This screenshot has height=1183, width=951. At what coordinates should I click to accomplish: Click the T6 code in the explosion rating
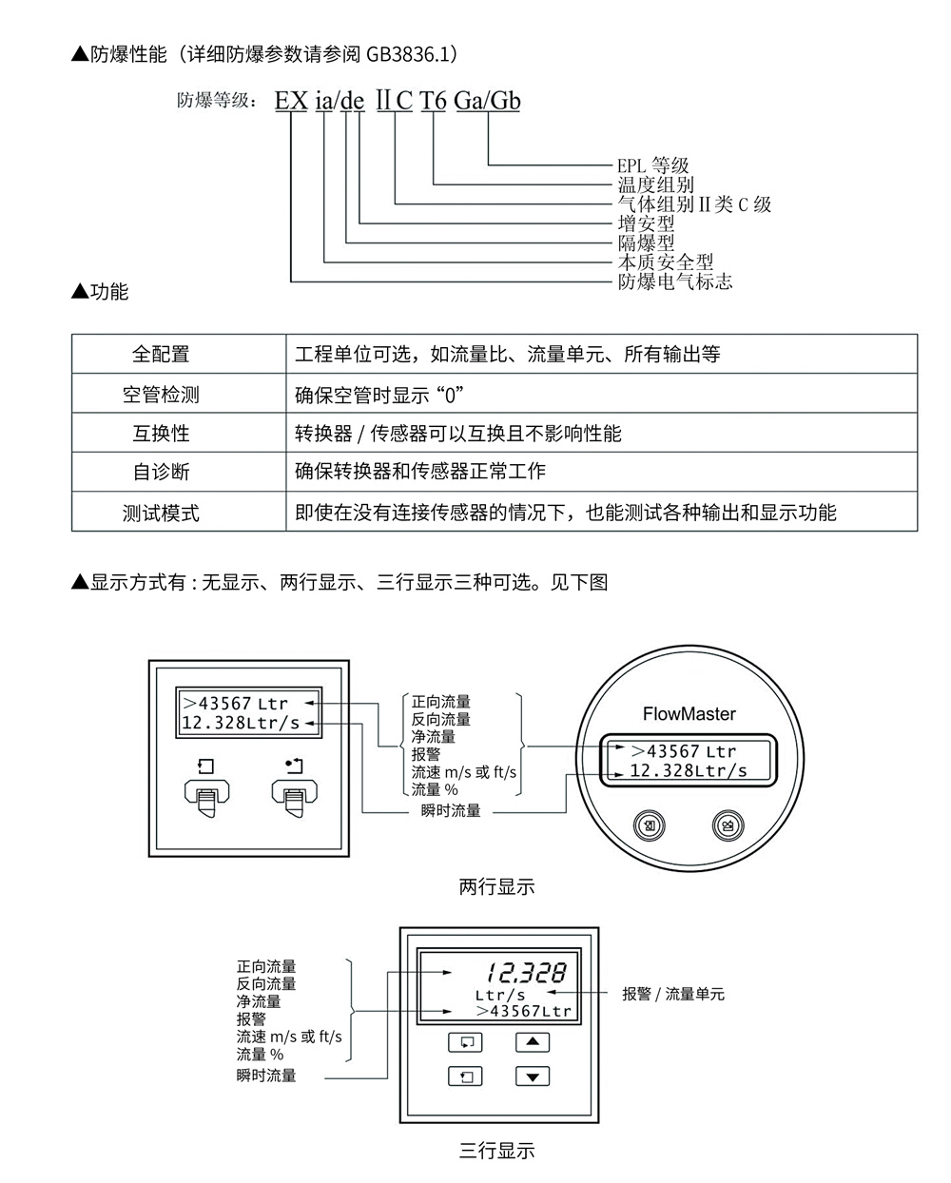[x=433, y=101]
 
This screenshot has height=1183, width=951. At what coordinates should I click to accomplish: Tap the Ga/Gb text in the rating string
[x=487, y=101]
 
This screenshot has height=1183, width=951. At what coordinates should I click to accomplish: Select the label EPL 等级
[x=652, y=165]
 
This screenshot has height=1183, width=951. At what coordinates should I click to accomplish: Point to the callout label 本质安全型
[x=665, y=262]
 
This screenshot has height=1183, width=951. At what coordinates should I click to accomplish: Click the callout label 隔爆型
[x=646, y=242]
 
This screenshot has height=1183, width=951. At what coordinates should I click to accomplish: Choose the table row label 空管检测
[x=161, y=394]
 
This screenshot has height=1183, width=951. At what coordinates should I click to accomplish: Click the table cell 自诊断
[x=161, y=472]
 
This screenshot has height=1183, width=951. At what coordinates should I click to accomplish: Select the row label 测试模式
[x=161, y=513]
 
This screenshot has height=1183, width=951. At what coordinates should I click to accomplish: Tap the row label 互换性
[x=161, y=434]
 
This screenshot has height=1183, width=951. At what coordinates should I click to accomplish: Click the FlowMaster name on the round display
[x=689, y=713]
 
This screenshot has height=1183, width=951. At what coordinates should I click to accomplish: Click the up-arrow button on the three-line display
[x=533, y=1041]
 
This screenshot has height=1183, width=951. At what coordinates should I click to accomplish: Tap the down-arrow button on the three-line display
[x=533, y=1076]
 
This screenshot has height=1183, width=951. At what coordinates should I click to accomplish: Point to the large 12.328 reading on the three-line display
[x=526, y=973]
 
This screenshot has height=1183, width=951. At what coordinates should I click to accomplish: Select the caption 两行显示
[x=497, y=886]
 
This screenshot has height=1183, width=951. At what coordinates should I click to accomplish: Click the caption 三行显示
[x=497, y=1151]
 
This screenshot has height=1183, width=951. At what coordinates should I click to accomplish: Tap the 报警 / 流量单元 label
[x=673, y=994]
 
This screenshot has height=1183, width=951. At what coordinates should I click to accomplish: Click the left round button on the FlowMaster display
[x=650, y=825]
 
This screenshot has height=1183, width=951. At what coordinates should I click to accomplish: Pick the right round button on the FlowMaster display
[x=728, y=825]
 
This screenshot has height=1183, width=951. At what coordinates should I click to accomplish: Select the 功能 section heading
[x=108, y=291]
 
